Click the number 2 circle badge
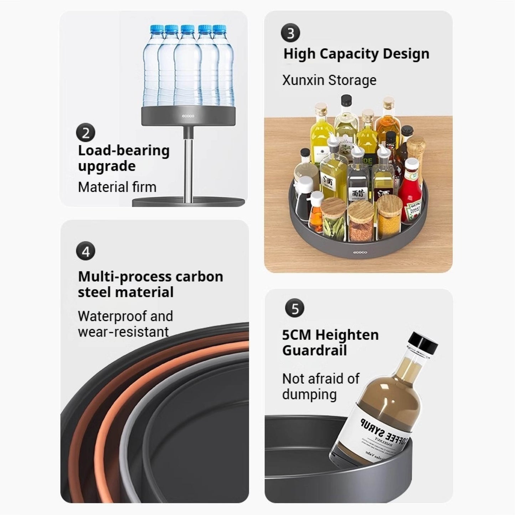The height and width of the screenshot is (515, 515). coord(86,133)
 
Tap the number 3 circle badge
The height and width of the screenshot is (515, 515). coord(290,33)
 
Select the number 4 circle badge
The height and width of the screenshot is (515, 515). coord(86,252)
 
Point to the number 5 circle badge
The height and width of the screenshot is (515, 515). coord(295,308)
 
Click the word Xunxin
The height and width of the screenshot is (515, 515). coord(303,81)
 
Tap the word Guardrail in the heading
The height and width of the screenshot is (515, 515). coord(314,350)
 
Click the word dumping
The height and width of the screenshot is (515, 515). coord(309,395)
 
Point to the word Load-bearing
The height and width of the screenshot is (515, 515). coord(124,150)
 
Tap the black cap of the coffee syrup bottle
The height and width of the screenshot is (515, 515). coord(423,343)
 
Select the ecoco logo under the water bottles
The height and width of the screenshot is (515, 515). coord(188,115)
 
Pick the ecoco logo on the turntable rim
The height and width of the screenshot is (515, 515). coord(360,252)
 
